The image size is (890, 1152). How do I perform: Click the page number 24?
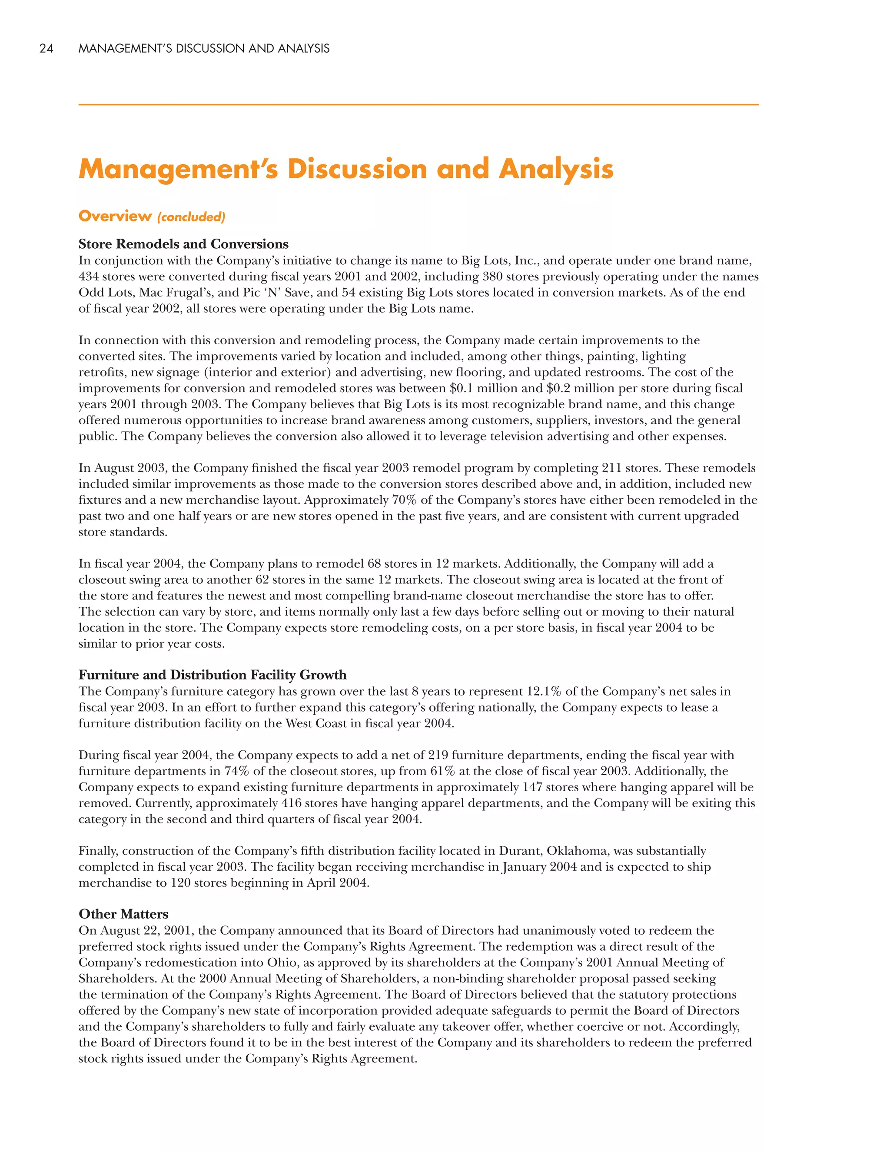coord(46,49)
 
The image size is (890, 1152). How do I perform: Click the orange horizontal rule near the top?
coord(418,105)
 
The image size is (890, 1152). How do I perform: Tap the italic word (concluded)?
coord(191,217)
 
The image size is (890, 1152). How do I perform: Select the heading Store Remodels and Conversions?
coord(183,244)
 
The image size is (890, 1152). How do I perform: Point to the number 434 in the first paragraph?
coord(89,276)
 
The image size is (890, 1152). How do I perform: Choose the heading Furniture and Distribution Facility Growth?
coord(213,675)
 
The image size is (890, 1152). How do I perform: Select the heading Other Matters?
coord(123,914)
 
